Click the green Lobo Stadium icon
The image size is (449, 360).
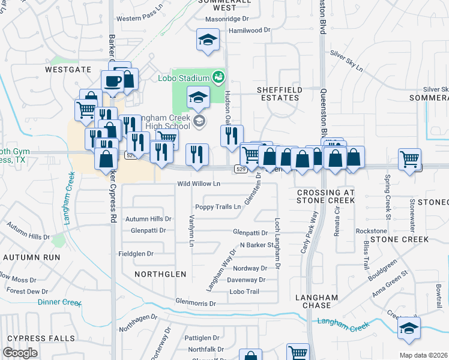pyautogui.click(x=218, y=77)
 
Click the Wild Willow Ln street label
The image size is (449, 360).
pyautogui.click(x=199, y=184)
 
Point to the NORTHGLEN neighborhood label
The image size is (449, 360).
pyautogui.click(x=160, y=274)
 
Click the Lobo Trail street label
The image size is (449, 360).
pyautogui.click(x=244, y=292)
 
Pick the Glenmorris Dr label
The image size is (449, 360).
pyautogui.click(x=196, y=303)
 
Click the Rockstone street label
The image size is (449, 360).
pyautogui.click(x=372, y=230)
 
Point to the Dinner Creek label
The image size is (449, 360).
pyautogui.click(x=59, y=302)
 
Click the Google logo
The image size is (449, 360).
pyautogui.click(x=20, y=353)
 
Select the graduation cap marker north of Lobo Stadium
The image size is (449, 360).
pyautogui.click(x=208, y=40)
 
